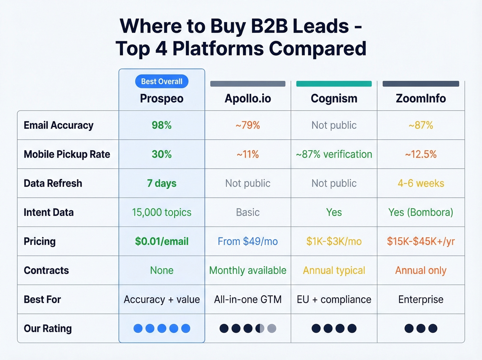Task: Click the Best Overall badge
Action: tap(161, 81)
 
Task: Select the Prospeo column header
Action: tap(161, 99)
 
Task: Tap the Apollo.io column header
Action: tap(248, 99)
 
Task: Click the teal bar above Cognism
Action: tap(334, 84)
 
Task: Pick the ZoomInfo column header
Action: tap(421, 99)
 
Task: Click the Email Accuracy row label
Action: tap(59, 125)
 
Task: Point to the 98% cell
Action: tap(161, 125)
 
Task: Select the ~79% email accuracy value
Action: tap(248, 125)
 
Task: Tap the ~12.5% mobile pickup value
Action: tap(421, 154)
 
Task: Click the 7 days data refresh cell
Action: tap(161, 183)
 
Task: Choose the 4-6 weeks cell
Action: tap(421, 183)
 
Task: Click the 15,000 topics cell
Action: tap(161, 212)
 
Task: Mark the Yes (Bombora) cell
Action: tap(421, 212)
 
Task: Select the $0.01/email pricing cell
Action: tap(161, 241)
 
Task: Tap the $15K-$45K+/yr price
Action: tap(421, 241)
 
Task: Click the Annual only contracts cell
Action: tap(421, 270)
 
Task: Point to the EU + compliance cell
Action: tap(334, 299)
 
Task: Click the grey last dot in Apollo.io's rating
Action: tap(272, 328)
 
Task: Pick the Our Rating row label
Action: tap(48, 329)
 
